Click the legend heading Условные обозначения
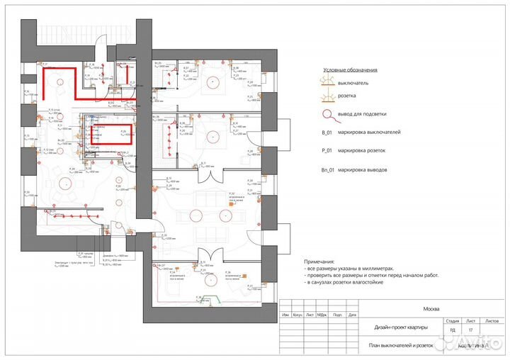(x=350, y=71)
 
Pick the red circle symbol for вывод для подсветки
(x=328, y=114)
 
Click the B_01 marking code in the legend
(x=327, y=133)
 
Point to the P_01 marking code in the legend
(x=327, y=151)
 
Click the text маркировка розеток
(x=368, y=151)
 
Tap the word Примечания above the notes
(x=323, y=261)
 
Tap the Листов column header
(x=490, y=320)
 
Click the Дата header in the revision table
(x=352, y=315)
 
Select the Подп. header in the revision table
(x=336, y=315)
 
